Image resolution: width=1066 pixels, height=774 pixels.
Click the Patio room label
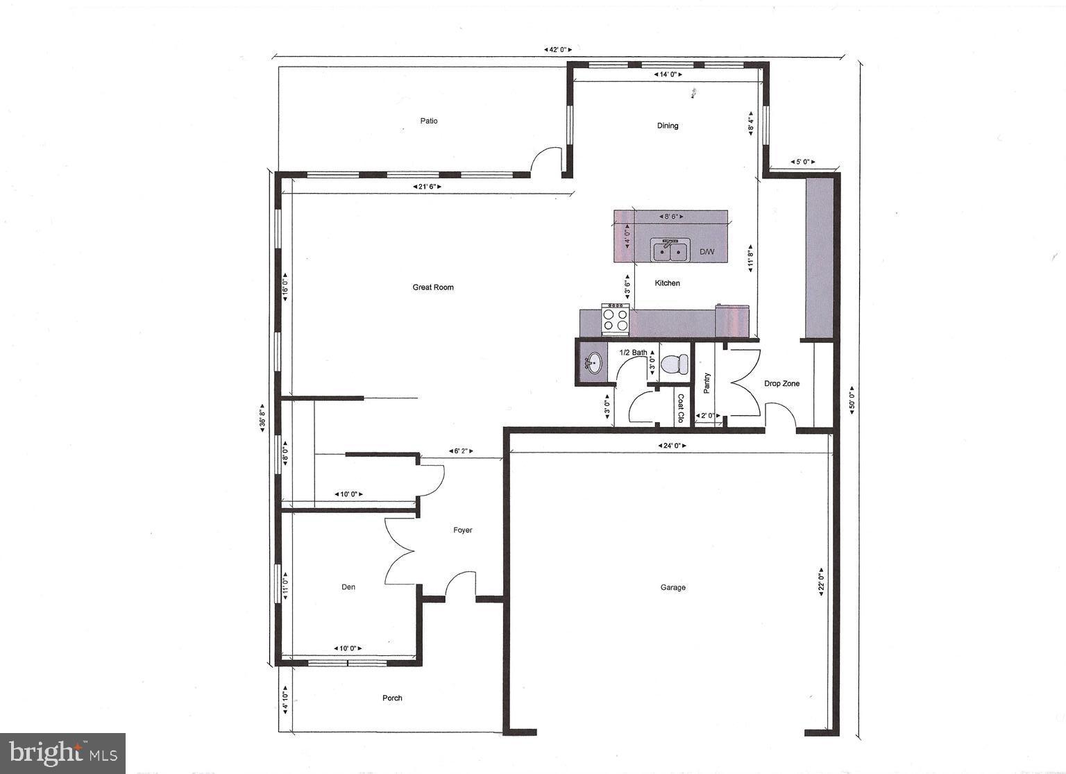[x=429, y=121]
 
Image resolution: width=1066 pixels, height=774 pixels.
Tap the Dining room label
[x=668, y=126]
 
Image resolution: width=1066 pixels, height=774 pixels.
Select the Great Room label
[x=433, y=287]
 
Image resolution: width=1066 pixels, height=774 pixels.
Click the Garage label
[x=672, y=587]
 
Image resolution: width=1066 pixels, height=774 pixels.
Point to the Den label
[x=348, y=587]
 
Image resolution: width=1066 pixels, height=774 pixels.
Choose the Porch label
[x=392, y=698]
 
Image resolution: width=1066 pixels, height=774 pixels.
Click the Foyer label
[x=463, y=530]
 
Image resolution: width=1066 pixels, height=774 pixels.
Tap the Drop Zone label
[x=782, y=383]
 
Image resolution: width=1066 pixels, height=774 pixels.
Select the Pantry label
[x=707, y=383]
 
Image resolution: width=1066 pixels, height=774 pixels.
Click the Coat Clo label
[x=680, y=408]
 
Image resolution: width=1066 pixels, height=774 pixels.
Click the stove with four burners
[x=615, y=319]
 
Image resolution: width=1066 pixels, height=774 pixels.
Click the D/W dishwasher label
[x=707, y=252]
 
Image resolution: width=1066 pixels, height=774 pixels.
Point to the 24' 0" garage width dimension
[x=672, y=446]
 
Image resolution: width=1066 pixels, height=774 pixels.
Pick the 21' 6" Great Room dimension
[x=427, y=187]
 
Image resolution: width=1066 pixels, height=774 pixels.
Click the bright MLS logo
[x=62, y=752]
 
